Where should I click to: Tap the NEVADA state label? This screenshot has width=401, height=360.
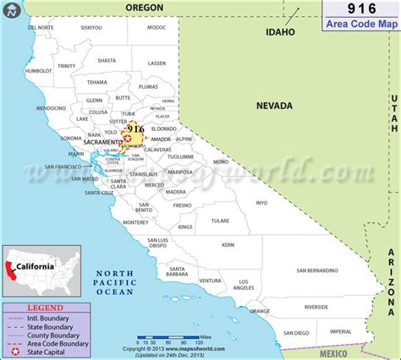click(x=274, y=106)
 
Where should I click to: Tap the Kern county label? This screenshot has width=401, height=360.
click(x=228, y=244)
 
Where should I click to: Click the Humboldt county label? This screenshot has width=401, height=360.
click(x=39, y=71)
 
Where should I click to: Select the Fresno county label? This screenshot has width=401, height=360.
click(x=182, y=205)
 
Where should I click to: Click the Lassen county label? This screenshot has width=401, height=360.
click(x=157, y=63)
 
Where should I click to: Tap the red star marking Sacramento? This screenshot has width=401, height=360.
click(x=128, y=138)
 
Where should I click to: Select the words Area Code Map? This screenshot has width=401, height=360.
click(x=362, y=25)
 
